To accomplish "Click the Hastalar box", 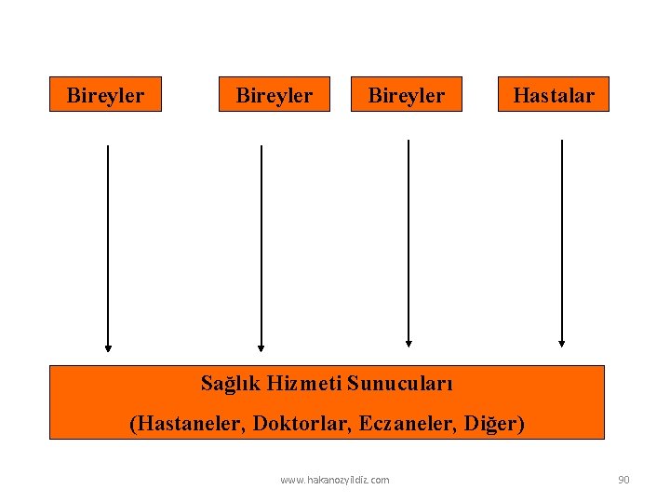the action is click(x=554, y=94).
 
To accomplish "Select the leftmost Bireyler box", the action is click(x=105, y=94).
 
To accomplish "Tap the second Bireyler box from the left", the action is click(x=275, y=94).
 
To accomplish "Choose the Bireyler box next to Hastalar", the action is click(x=407, y=94).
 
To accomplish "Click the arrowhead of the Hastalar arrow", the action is click(x=562, y=342).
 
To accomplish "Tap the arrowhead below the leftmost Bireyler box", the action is click(x=108, y=347).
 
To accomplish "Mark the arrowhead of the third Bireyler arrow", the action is click(x=409, y=342).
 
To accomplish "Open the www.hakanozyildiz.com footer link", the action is click(x=335, y=480).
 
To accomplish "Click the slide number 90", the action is click(x=623, y=480).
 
